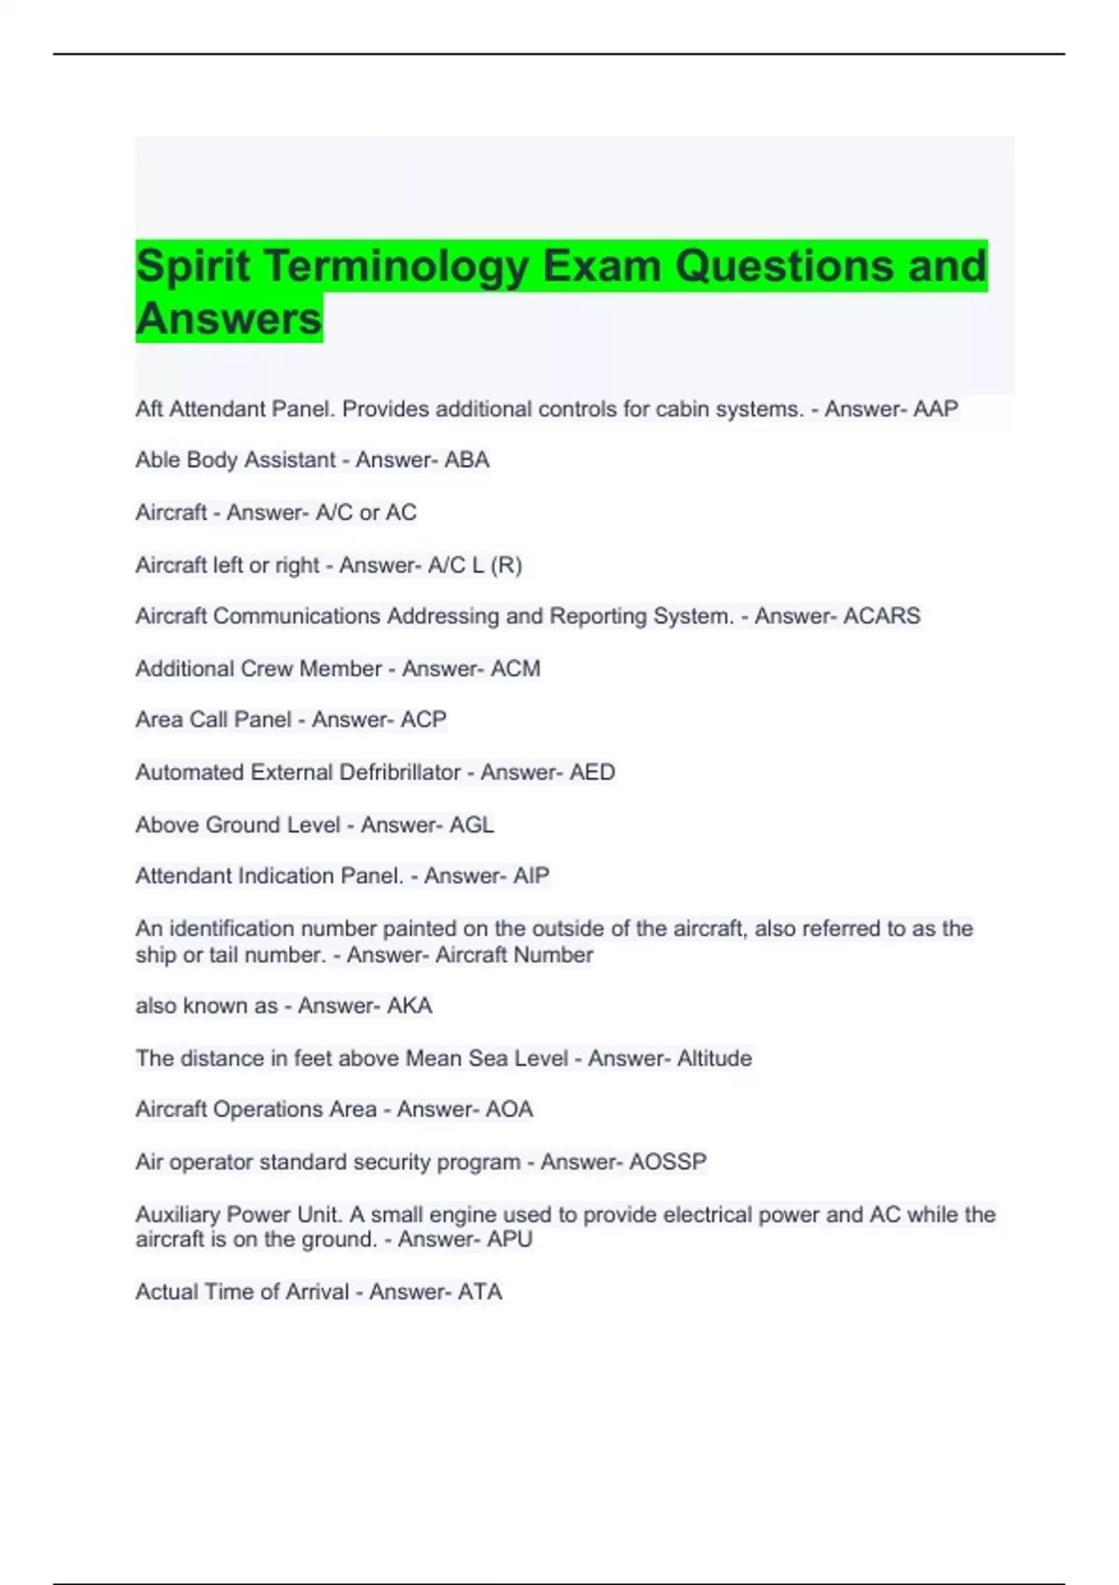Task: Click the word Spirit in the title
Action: [x=192, y=267]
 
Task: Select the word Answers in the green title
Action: [x=228, y=319]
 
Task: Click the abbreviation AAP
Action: [x=935, y=409]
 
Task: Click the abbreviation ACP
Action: [x=423, y=720]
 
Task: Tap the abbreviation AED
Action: [x=592, y=773]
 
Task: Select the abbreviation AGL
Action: [x=471, y=825]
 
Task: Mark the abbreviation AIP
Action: [x=531, y=876]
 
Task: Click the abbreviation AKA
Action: [x=409, y=1006]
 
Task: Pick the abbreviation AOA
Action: [x=509, y=1109]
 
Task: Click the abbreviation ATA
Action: [x=479, y=1292]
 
